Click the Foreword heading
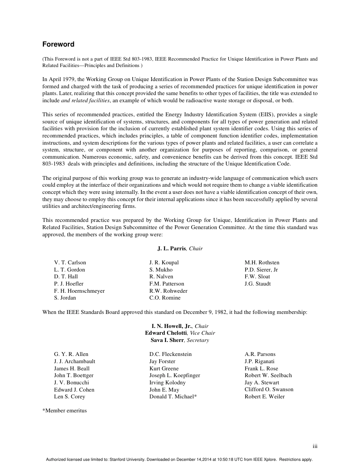pyautogui.click(x=58, y=44)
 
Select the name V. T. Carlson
pyautogui.click(x=70, y=262)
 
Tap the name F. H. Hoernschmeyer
pyautogui.click(x=79, y=291)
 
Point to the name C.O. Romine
pyautogui.click(x=165, y=298)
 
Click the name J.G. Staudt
pyautogui.click(x=258, y=284)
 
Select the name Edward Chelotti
pyautogui.click(x=166, y=333)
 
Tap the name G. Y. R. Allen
pyautogui.click(x=71, y=354)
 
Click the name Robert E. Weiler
pyautogui.click(x=265, y=396)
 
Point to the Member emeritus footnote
pyautogui.click(x=65, y=410)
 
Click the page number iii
pyautogui.click(x=315, y=446)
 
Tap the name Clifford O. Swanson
pyautogui.click(x=269, y=389)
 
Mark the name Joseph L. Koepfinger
pyautogui.click(x=175, y=375)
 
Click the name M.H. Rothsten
pyautogui.click(x=262, y=262)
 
